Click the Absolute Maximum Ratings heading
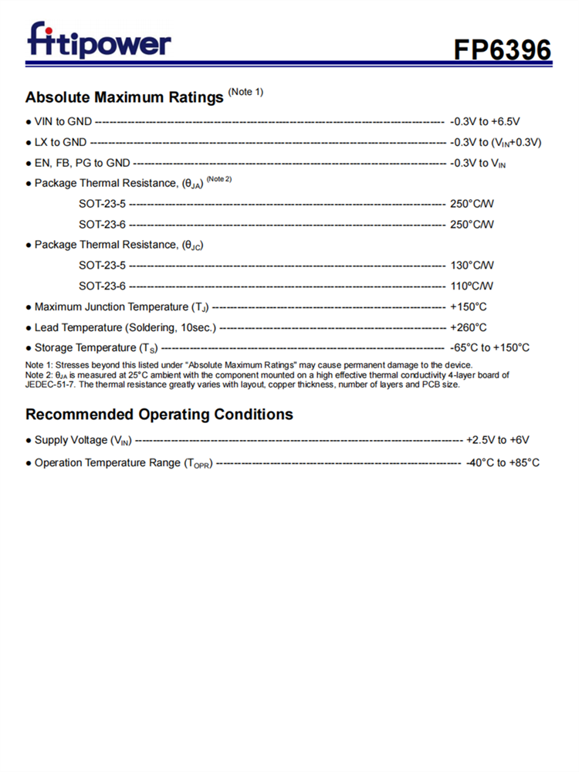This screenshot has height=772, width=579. [126, 97]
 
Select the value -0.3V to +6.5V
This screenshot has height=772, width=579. [485, 121]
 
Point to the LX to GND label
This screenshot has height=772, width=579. [60, 142]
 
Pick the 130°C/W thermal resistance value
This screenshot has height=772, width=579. [472, 265]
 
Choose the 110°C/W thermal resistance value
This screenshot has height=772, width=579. [472, 286]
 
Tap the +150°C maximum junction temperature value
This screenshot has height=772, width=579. [469, 306]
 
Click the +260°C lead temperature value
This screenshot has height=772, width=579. [469, 327]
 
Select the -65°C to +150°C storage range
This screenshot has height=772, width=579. [489, 347]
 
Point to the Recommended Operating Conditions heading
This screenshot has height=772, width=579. [159, 415]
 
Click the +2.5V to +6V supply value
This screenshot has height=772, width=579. [497, 440]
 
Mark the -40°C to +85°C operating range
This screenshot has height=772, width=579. [503, 462]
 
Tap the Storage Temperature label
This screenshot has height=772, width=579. [96, 348]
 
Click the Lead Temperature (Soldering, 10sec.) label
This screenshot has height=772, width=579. [125, 327]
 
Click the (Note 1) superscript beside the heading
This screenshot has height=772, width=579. [246, 92]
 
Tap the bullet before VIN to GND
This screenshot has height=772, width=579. [29, 121]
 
